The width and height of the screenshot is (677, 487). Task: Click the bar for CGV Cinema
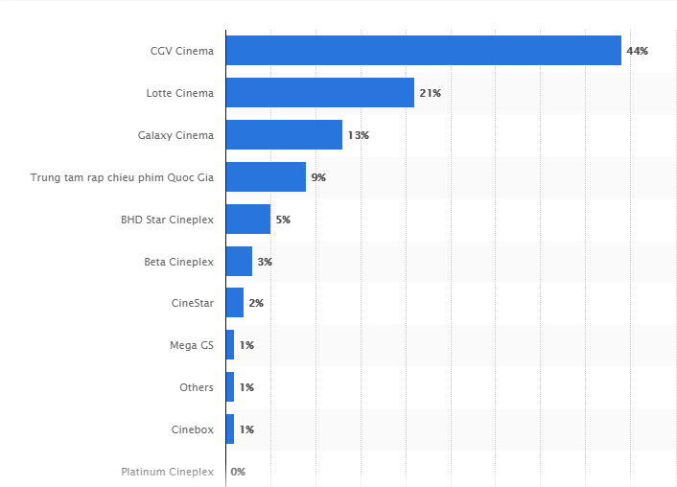coord(423,51)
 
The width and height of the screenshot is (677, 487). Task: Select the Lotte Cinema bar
coord(319,93)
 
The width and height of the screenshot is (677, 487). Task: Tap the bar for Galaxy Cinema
coord(284,135)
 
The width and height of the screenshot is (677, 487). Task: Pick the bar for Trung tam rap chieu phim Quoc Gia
coord(266,177)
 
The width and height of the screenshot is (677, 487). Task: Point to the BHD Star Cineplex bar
coord(247,220)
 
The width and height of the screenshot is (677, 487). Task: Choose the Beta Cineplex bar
coord(239,261)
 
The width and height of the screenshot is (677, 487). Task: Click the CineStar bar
coord(234,303)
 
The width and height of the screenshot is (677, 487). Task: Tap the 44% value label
coord(638,51)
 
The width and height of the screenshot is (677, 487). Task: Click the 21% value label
coord(431,93)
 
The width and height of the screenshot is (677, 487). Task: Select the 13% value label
coord(359,135)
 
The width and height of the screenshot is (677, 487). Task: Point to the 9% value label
coord(319,177)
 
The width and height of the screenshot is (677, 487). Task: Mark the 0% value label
coord(238,472)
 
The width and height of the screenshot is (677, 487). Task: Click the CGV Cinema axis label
coord(182,51)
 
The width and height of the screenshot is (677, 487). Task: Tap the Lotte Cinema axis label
coord(180,93)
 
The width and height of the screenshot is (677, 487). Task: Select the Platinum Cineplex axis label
coord(168,472)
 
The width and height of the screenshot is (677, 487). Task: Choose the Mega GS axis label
coord(192,345)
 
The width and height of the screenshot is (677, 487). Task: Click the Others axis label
coord(197,387)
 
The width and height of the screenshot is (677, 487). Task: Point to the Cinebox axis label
coord(192,429)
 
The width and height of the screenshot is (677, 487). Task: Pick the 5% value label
coord(283,220)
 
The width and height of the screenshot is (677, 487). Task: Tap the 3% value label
coord(265,261)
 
